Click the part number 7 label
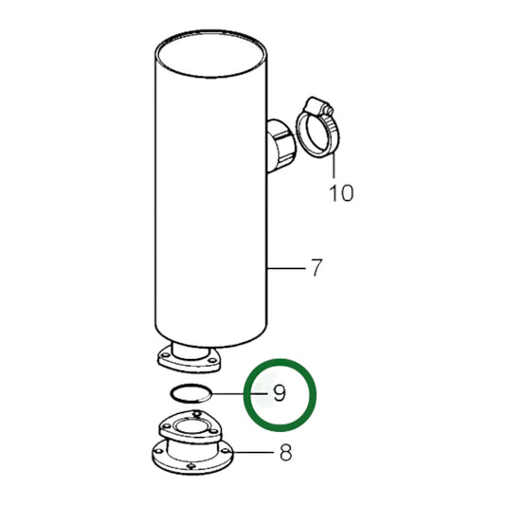(x=316, y=269)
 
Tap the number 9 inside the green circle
(x=279, y=392)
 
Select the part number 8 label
(x=285, y=453)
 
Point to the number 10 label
(x=340, y=194)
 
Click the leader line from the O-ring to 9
(x=232, y=392)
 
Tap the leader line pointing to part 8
(x=250, y=453)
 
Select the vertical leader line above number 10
(x=334, y=167)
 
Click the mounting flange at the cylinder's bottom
(x=187, y=361)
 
